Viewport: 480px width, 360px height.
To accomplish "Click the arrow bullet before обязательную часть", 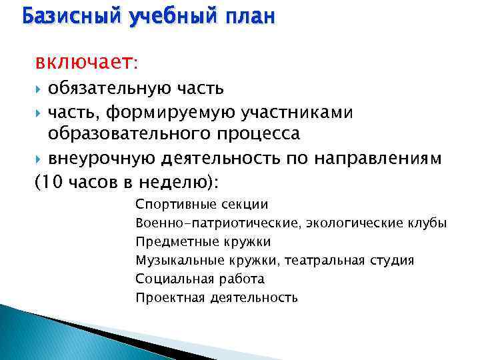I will pyautogui.click(x=39, y=89).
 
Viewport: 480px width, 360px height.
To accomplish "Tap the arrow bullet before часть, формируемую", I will pyautogui.click(x=39, y=113).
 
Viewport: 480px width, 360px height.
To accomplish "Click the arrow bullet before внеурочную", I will pyautogui.click(x=39, y=159).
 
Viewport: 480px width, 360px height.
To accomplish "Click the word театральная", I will pyautogui.click(x=317, y=260).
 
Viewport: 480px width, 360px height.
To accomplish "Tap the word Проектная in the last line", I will pyautogui.click(x=162, y=297).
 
